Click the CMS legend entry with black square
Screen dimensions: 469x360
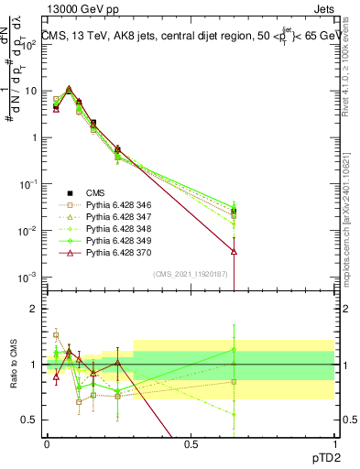pos(95,193)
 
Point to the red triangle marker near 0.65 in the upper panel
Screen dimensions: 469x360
pos(235,250)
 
